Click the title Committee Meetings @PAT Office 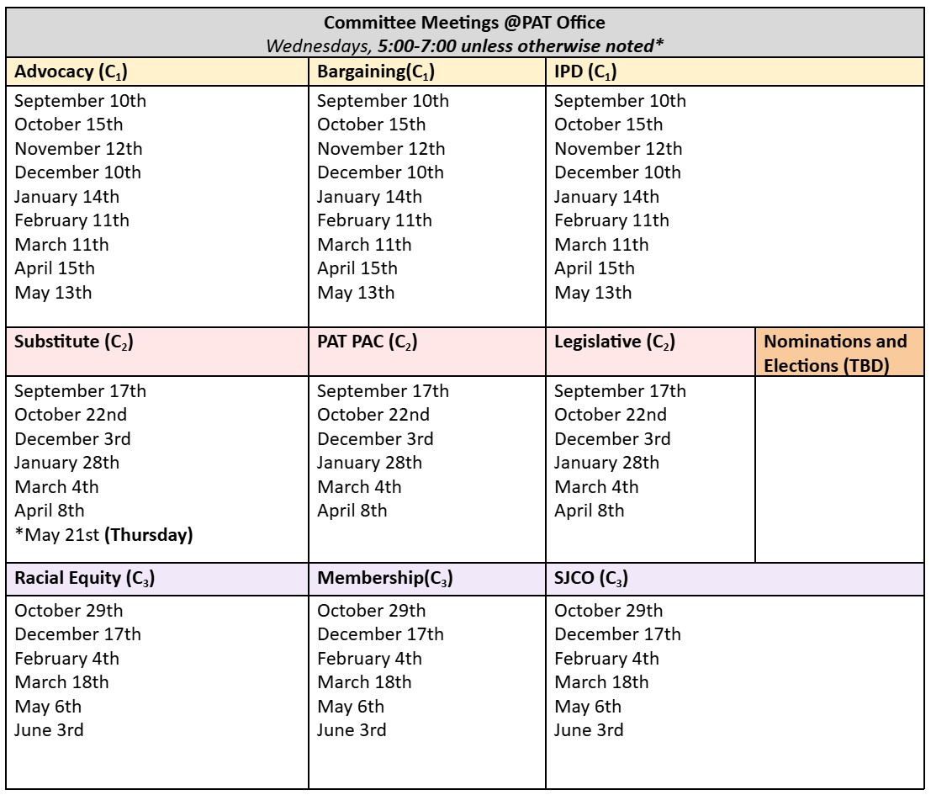point(464,22)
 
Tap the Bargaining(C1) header point(375,72)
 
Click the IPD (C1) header point(585,72)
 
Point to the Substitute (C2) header point(74,342)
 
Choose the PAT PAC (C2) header point(368,342)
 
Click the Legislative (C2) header point(615,342)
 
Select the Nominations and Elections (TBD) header point(835,354)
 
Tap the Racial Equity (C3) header point(84,579)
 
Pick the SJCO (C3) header point(591,579)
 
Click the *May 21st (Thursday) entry point(103,535)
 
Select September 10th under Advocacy point(80,101)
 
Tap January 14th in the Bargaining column point(369,197)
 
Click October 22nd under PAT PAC point(373,415)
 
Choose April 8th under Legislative point(589,511)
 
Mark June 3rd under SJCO point(589,730)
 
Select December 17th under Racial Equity point(77,634)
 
